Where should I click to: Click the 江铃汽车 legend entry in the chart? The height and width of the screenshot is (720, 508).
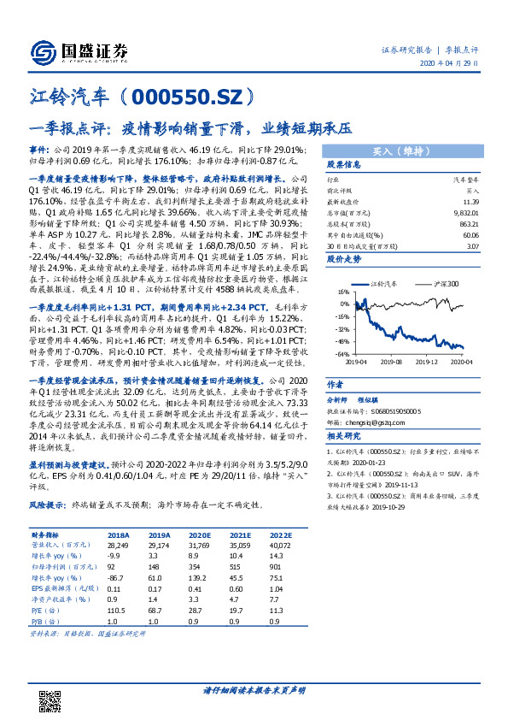(386, 282)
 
